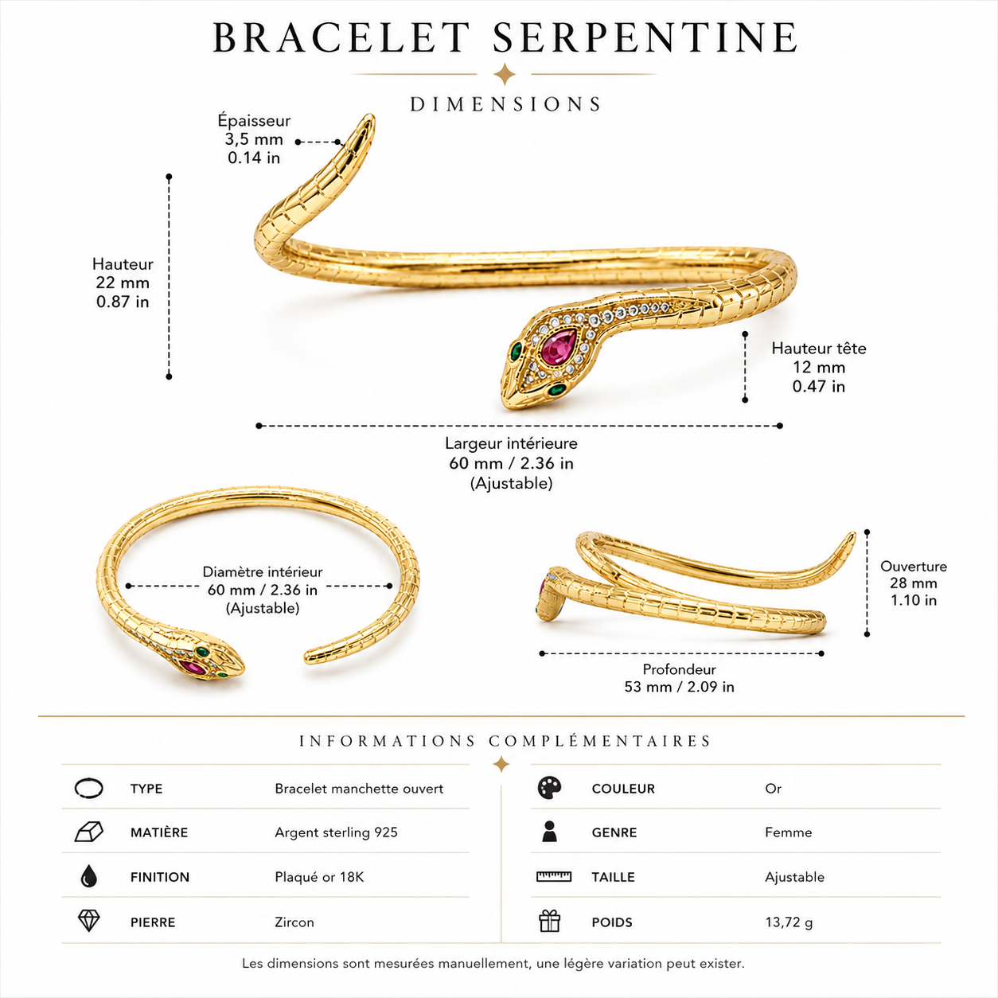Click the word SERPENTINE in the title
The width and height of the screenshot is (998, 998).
coord(645,37)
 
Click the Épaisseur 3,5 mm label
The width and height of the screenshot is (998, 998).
coord(254,138)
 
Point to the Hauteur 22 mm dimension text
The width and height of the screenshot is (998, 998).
coord(123,283)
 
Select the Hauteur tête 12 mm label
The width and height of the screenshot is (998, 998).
coord(819,367)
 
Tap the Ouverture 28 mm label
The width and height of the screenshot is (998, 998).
coord(914,583)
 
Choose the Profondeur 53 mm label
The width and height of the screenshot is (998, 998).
coord(679,678)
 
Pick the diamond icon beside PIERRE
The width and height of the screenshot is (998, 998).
coord(88,922)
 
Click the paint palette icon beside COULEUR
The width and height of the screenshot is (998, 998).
coord(549,788)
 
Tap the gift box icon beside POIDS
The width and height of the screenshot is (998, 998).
coord(549,922)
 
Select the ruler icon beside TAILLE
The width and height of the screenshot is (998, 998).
coord(554,877)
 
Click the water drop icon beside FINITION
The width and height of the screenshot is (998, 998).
coord(88,876)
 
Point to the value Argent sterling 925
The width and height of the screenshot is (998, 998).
coord(336,832)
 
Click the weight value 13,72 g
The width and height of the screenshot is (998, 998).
coord(789,922)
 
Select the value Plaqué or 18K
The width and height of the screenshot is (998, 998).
coord(319,877)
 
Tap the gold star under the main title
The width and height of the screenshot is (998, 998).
coord(505,74)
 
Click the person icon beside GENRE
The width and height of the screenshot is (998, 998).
coord(549,832)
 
